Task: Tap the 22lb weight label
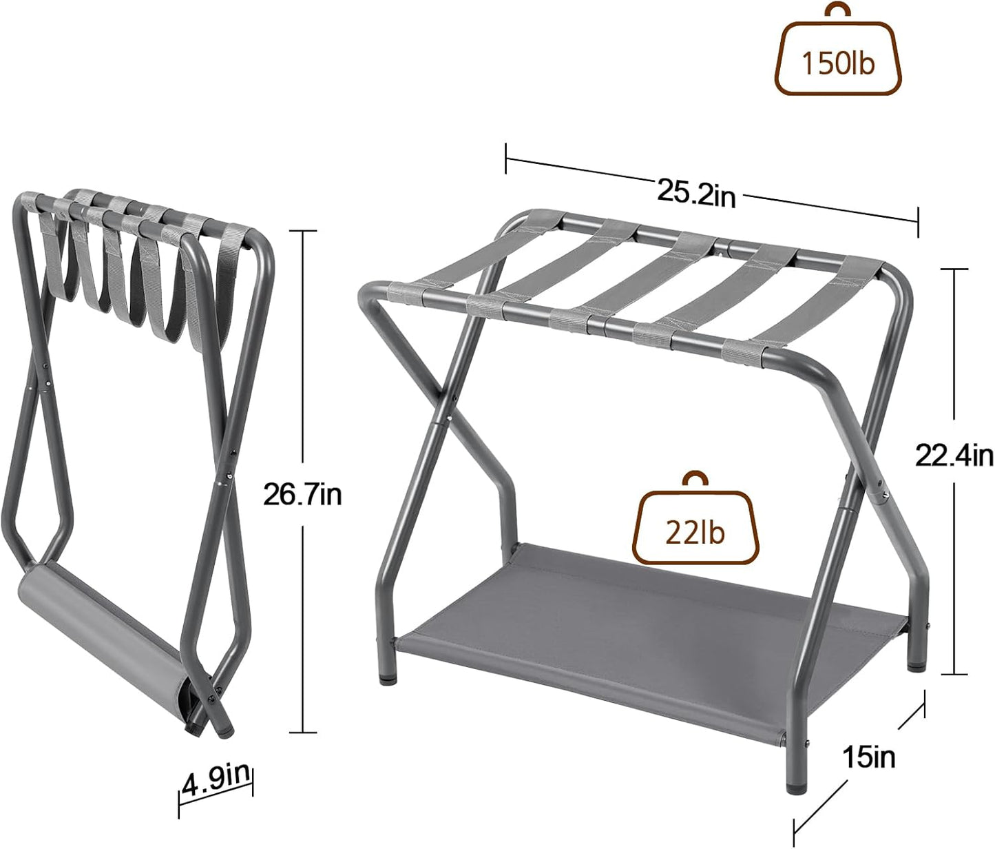695,532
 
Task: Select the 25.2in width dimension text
696,194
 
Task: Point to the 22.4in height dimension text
954,456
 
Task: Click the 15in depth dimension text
869,757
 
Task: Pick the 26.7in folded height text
302,494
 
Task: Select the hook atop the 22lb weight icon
695,480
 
